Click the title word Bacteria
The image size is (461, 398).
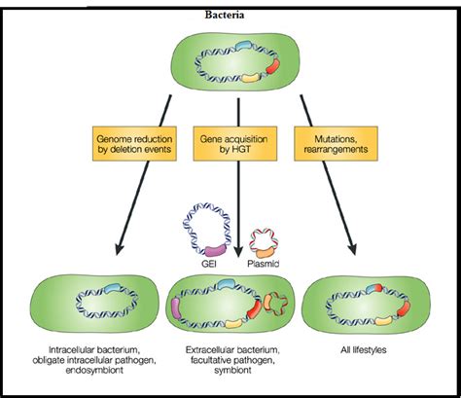tap(225, 15)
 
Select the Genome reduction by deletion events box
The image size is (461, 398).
tap(134, 144)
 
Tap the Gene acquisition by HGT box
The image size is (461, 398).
tap(235, 144)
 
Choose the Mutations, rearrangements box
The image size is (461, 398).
tap(336, 144)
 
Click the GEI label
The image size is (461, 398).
tap(208, 264)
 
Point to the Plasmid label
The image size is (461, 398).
tap(263, 264)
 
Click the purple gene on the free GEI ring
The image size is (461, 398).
tap(216, 250)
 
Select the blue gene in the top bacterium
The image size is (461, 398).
tap(244, 45)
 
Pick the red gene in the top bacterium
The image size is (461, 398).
tap(272, 66)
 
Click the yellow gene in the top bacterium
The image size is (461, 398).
tap(251, 77)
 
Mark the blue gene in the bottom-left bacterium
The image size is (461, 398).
tap(111, 288)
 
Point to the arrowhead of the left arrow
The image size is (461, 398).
tap(120, 249)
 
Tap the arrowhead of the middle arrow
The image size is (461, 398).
tap(238, 252)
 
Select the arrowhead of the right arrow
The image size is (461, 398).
tap(352, 249)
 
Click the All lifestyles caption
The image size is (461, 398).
tap(364, 350)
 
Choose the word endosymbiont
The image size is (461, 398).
tap(94, 371)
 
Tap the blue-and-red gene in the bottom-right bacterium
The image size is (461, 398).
tap(374, 288)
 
